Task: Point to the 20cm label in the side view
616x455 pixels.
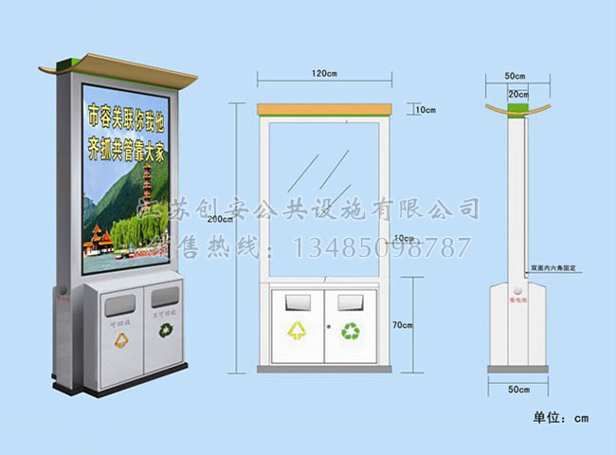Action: coord(516,95)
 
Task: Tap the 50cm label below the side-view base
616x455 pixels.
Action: coord(516,390)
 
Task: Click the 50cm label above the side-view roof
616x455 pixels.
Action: coord(516,74)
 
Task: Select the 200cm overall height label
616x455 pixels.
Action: coord(219,219)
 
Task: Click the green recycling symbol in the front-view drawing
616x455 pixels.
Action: coord(351,331)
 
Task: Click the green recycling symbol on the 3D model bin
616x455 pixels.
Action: coord(166,332)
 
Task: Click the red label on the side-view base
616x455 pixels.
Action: coord(517,296)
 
